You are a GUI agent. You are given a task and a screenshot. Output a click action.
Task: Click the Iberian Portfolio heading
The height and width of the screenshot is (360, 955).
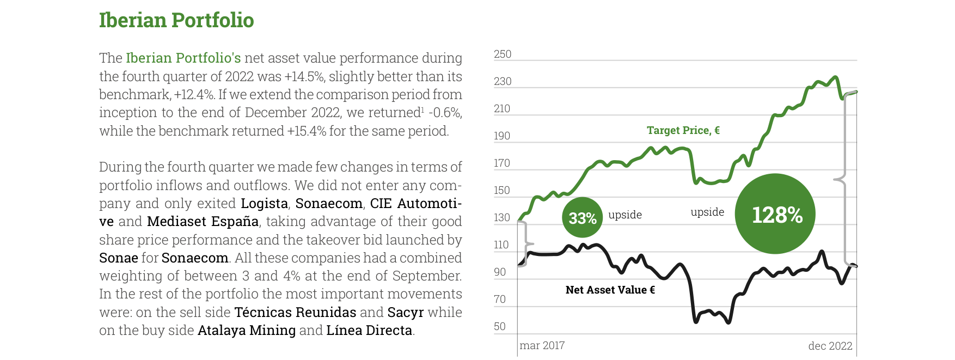point(176,20)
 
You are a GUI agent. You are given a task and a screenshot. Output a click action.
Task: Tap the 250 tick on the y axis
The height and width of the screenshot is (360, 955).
point(503,54)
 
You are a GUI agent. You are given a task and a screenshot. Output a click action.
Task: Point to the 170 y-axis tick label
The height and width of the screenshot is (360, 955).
point(502,163)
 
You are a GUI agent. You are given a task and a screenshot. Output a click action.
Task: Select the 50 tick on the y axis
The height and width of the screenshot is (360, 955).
point(500,326)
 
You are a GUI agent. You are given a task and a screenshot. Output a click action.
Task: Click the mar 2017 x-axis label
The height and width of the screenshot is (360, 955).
point(542,345)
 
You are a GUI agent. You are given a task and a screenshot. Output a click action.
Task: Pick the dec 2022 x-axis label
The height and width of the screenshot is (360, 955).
point(830,346)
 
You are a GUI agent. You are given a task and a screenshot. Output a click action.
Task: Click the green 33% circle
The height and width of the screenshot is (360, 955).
point(583,217)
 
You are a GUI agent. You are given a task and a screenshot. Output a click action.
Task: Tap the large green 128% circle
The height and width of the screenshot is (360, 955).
point(775,214)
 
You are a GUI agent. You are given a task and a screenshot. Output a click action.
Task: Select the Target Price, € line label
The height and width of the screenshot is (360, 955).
point(683,130)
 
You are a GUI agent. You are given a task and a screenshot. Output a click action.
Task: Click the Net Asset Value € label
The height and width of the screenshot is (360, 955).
point(610,290)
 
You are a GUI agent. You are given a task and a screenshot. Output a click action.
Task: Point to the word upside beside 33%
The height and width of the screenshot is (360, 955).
point(625,215)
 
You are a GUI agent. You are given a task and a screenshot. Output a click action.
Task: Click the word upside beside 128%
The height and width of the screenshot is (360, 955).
point(707,212)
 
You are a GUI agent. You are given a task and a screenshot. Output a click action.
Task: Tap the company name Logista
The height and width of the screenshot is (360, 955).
point(264,204)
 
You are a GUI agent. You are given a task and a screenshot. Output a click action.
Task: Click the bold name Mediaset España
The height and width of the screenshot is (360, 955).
point(203,222)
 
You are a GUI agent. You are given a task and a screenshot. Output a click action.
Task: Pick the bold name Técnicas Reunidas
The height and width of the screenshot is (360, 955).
point(295,313)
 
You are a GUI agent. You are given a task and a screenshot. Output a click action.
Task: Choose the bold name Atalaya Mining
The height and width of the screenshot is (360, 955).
point(247,331)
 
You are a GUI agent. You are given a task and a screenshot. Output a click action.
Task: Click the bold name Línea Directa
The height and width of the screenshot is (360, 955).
point(369,331)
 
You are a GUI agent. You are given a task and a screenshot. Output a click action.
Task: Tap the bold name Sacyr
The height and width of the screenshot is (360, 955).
point(406,313)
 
